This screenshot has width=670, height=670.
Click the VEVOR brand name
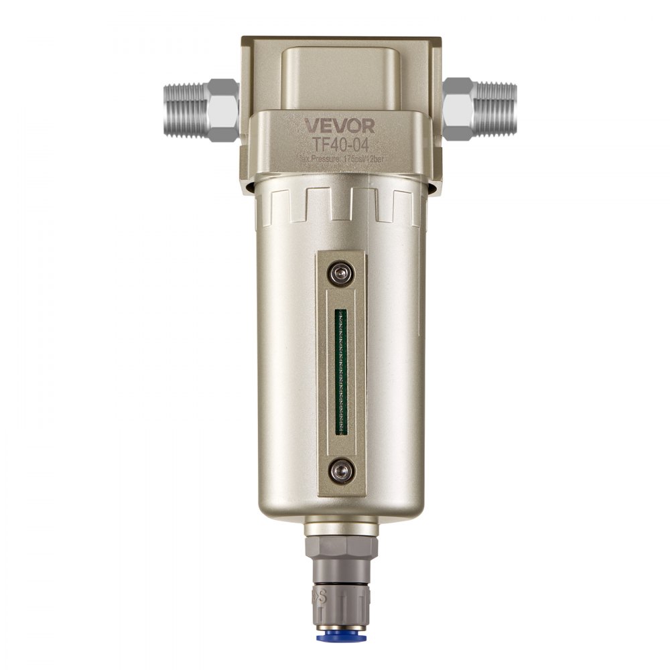[x=340, y=125]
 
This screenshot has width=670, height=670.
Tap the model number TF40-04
[x=339, y=143]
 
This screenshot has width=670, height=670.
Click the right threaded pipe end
[x=495, y=110]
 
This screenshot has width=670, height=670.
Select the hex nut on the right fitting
[x=458, y=109]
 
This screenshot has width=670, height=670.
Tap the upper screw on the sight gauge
[x=341, y=273]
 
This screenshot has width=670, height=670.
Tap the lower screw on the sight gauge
[x=341, y=470]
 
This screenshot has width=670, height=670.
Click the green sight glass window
[x=341, y=372]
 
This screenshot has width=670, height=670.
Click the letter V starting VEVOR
[x=312, y=125]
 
